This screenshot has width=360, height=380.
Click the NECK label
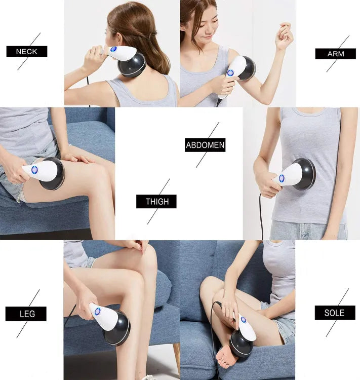click(x=27, y=52)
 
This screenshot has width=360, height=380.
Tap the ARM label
click(x=335, y=54)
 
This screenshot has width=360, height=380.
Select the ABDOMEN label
click(x=205, y=145)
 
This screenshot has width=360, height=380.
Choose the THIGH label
click(x=156, y=202)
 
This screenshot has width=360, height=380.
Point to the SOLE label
click(x=335, y=313)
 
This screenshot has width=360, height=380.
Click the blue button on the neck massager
click(x=113, y=49)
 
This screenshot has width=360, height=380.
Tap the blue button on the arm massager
click(x=230, y=72)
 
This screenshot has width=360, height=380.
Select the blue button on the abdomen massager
click(x=282, y=178)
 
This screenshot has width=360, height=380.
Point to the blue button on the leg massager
click(x=97, y=311)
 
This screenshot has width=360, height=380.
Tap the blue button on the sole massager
click(x=243, y=320)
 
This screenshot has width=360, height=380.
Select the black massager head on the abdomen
click(x=304, y=174)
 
